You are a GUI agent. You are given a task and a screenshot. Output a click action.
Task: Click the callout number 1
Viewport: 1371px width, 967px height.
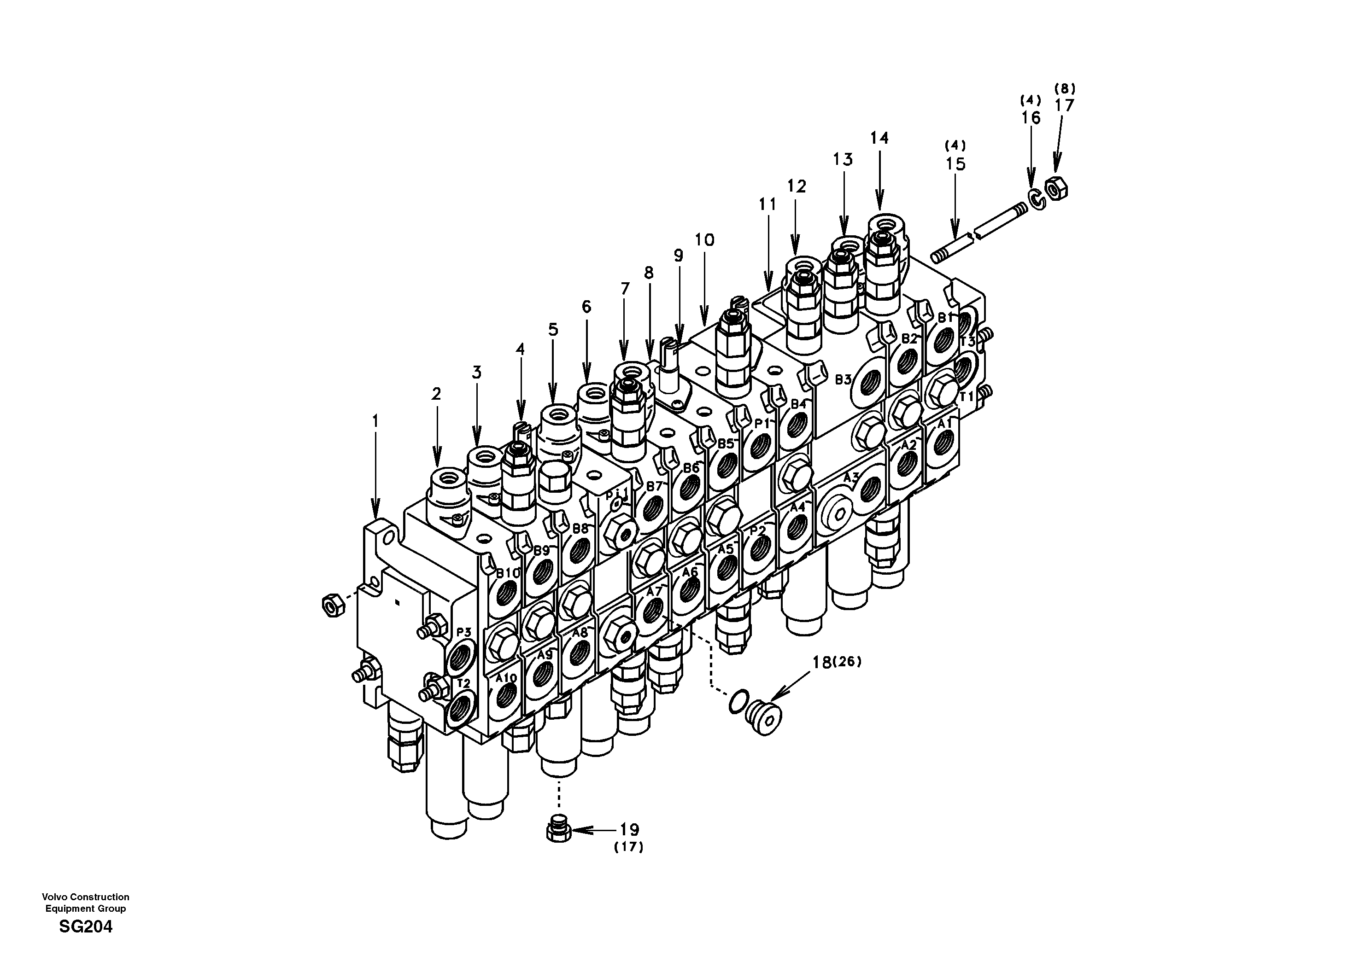pyautogui.click(x=375, y=422)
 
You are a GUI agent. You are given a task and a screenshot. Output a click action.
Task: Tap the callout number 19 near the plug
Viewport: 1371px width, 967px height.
pyautogui.click(x=629, y=829)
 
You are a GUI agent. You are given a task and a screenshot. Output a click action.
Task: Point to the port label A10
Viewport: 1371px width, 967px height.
pyautogui.click(x=506, y=678)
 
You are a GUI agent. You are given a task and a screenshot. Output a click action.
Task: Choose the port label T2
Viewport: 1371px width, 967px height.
pyautogui.click(x=463, y=683)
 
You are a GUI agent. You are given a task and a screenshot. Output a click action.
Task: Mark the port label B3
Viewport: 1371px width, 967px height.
pyautogui.click(x=843, y=379)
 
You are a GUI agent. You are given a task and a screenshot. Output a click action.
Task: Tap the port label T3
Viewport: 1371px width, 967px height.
pyautogui.click(x=967, y=342)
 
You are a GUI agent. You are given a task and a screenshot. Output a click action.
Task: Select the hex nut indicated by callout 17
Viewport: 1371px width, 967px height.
pyautogui.click(x=1058, y=190)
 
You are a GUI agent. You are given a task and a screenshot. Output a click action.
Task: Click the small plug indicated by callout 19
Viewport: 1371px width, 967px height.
pyautogui.click(x=558, y=830)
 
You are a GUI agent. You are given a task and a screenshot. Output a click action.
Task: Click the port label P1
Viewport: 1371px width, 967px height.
pyautogui.click(x=762, y=423)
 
